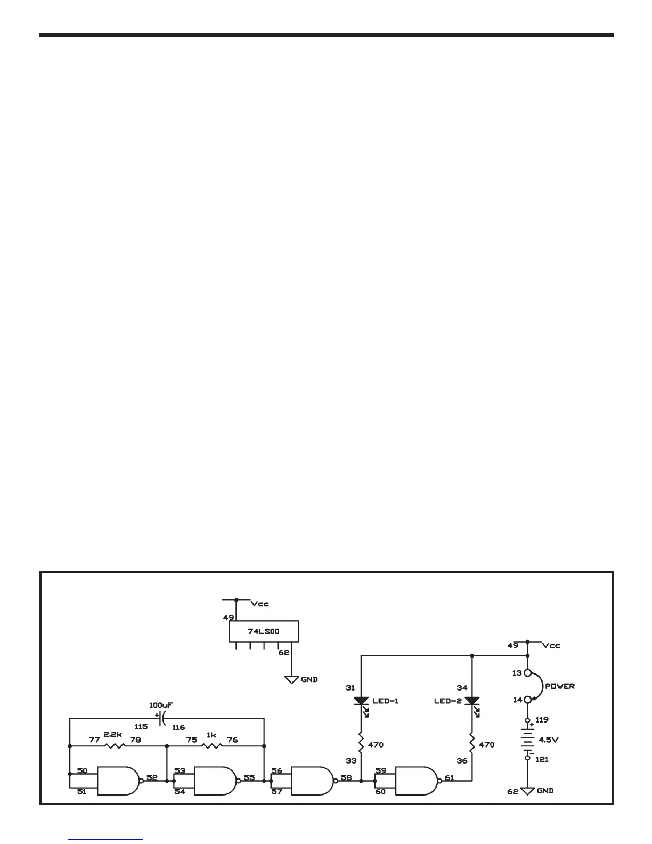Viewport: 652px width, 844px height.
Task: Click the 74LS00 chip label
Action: [x=264, y=631]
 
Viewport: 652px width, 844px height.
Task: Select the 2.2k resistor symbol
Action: [x=114, y=746]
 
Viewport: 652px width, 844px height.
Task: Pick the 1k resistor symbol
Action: [x=211, y=746]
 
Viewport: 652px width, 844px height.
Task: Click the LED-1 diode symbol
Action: [x=361, y=701]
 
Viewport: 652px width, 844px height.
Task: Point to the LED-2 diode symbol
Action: [x=472, y=701]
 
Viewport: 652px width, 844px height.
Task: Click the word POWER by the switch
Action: [x=560, y=686]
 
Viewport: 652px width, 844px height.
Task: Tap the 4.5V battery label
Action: [x=549, y=740]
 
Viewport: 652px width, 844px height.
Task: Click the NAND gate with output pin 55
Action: [x=214, y=781]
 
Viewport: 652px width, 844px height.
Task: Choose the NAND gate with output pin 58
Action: [x=311, y=781]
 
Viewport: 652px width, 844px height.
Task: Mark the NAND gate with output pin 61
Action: [x=415, y=781]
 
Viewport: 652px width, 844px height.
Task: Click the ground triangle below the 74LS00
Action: [x=292, y=680]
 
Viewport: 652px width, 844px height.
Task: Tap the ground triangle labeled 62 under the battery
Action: [x=527, y=791]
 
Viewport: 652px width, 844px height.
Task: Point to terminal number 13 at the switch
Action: [x=516, y=673]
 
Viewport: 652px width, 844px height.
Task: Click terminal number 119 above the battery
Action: [x=542, y=719]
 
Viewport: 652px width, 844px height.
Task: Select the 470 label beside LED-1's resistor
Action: [x=376, y=744]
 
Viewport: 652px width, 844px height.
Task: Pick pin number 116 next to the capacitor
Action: [x=178, y=727]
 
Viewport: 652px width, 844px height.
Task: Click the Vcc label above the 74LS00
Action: [x=260, y=604]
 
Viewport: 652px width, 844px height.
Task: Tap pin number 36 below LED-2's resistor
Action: [x=462, y=761]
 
